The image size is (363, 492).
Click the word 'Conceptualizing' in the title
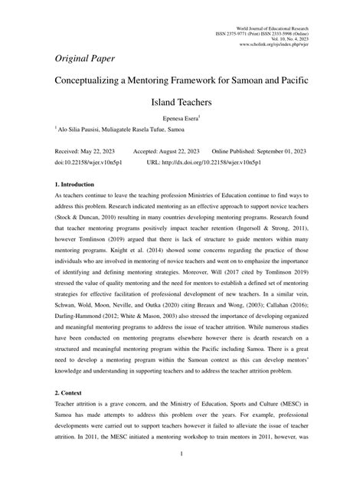coord(98,80)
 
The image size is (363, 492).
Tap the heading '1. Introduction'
coord(74,185)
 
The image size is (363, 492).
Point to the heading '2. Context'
coord(68,391)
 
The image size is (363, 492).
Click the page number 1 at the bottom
coord(181,475)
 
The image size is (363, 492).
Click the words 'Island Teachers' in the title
coord(181,100)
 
